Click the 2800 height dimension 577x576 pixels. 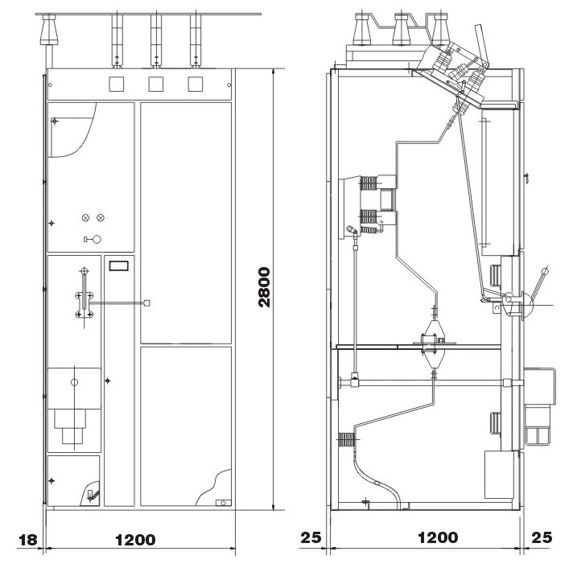(x=264, y=287)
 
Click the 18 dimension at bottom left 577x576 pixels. (x=28, y=540)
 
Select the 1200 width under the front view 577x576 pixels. (x=135, y=540)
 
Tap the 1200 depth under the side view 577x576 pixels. (x=438, y=537)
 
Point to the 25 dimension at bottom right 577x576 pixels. (x=542, y=537)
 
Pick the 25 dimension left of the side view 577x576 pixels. (x=311, y=537)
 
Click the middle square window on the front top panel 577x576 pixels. (x=155, y=84)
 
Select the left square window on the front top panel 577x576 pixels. (x=116, y=84)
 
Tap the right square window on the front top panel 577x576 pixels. (x=196, y=84)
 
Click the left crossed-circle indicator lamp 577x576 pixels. (x=85, y=218)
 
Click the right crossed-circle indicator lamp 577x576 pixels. (x=101, y=218)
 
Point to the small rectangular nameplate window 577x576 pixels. (x=119, y=265)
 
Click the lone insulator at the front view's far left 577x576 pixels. (x=49, y=30)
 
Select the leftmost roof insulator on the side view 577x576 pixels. (x=362, y=30)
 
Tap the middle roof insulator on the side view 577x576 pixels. (x=402, y=30)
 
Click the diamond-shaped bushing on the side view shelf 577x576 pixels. (x=433, y=344)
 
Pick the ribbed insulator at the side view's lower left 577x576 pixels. (x=347, y=439)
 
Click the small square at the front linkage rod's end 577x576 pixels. (x=146, y=303)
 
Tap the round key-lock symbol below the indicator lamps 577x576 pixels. (x=97, y=240)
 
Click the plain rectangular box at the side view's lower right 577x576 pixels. (x=500, y=475)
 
